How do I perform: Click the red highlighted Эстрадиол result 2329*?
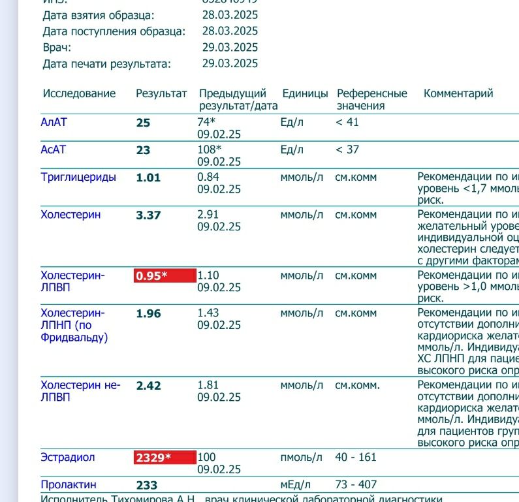click(x=165, y=458)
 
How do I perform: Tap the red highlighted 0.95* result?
click(x=165, y=275)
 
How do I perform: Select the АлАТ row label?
click(x=54, y=122)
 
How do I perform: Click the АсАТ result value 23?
click(x=143, y=150)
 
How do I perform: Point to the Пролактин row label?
click(x=68, y=485)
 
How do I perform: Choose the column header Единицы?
click(x=305, y=93)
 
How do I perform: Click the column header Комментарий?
click(x=458, y=93)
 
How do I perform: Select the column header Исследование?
click(x=79, y=93)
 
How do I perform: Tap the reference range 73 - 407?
click(x=356, y=485)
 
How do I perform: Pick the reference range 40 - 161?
click(x=356, y=457)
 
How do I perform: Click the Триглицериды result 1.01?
click(x=148, y=178)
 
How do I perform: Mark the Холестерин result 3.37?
click(x=148, y=215)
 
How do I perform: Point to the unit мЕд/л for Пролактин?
click(x=296, y=485)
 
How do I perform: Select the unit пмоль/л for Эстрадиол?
click(x=302, y=457)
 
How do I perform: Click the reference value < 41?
click(x=347, y=122)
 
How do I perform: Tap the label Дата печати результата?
click(x=106, y=64)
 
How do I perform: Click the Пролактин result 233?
click(x=146, y=486)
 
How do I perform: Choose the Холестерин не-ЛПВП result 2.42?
click(x=148, y=386)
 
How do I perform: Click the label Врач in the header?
click(x=57, y=48)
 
